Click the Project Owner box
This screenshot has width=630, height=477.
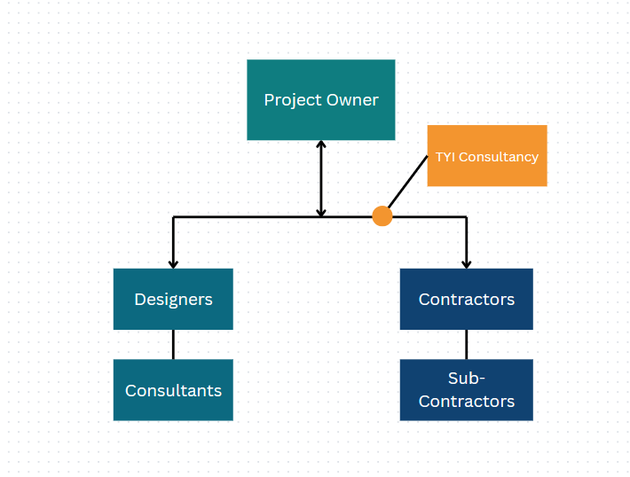point(320,99)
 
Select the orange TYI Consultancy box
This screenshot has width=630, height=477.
point(486,155)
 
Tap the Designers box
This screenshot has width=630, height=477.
point(173,299)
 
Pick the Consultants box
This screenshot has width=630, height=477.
point(173,389)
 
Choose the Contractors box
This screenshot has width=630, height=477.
point(466,299)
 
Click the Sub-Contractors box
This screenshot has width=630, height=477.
point(466,389)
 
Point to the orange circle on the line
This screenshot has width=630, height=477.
point(382,216)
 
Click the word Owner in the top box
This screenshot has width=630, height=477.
point(352,100)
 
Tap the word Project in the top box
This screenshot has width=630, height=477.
point(293,100)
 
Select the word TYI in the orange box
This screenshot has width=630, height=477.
point(445,157)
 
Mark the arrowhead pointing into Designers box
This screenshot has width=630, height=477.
point(173,263)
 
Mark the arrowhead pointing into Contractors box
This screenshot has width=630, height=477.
point(466,263)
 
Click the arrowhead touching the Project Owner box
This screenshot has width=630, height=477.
point(321,145)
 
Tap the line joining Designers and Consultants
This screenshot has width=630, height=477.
point(173,344)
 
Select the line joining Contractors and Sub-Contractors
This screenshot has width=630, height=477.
point(466,344)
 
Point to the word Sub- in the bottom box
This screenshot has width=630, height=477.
point(466,379)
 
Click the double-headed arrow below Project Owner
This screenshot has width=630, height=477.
point(321,178)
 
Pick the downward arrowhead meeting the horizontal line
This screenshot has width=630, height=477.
point(321,212)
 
